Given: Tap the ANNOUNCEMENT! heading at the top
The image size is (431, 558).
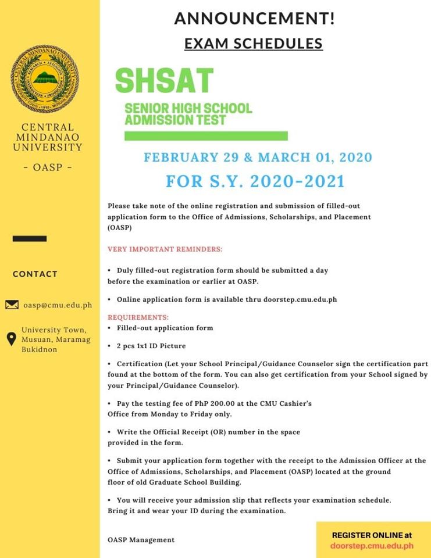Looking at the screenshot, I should pos(254,19).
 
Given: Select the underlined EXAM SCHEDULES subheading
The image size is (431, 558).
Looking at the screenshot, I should pos(253,43).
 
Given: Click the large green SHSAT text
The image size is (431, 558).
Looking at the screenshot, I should pos(165,81).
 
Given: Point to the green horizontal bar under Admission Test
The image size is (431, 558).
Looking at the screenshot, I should pos(206,136).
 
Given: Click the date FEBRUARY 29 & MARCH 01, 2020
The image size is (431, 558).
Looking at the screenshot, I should pos(258,158).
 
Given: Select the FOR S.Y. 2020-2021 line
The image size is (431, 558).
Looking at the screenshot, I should pos(255,181).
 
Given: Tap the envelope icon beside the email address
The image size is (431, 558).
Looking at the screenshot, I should pos(12,305).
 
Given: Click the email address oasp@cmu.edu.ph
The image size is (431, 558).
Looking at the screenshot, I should pos(58,305).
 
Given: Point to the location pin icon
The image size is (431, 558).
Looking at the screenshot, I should pos(11,339).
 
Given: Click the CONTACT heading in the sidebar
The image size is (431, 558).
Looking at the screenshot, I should pos(35,274).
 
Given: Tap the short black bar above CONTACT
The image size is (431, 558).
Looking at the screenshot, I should pos(29,238).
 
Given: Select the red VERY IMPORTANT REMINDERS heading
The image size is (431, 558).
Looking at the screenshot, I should pos(165,249).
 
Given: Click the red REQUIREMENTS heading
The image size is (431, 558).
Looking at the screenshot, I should pos(138,317).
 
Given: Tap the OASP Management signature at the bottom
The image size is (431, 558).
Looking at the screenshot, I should pos(141,539).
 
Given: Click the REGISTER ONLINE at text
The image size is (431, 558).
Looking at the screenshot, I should pos(372,535).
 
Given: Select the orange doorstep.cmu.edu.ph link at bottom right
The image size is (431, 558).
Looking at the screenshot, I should pos(372,546).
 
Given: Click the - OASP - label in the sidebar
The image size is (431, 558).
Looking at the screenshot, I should pos(47,168).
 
